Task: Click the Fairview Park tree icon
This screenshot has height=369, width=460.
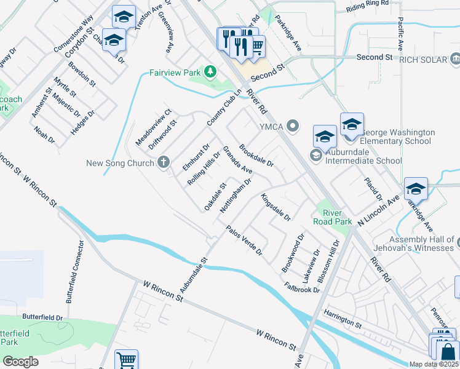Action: [x=210, y=73]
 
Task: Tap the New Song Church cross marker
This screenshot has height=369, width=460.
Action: [x=163, y=163]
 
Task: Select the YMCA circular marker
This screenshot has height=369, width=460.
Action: [x=293, y=127]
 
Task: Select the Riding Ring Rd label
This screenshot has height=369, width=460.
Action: [x=368, y=4]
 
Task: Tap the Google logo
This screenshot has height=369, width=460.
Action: [x=20, y=361]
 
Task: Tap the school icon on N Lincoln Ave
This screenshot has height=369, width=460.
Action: [x=416, y=188]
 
